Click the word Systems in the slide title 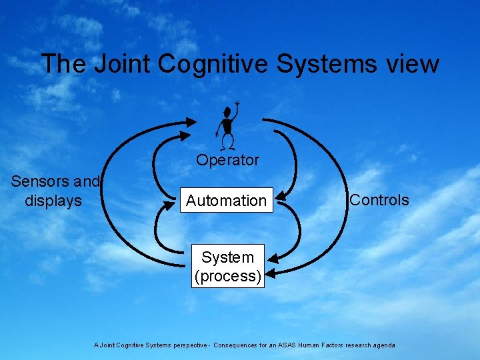tap(325, 64)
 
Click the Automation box tap(226, 201)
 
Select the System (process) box tap(228, 267)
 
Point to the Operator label tap(227, 161)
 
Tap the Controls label tap(379, 200)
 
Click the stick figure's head tap(228, 109)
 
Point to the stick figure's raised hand tap(237, 105)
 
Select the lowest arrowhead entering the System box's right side tap(270, 272)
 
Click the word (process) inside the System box tap(228, 276)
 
